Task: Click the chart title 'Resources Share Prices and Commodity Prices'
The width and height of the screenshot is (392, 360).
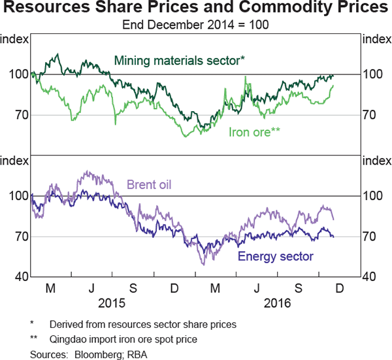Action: point(195,9)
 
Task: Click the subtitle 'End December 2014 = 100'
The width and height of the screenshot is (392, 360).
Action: point(195,25)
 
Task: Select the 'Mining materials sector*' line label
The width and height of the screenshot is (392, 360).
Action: point(180,61)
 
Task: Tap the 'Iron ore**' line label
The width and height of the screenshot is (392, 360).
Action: point(254,132)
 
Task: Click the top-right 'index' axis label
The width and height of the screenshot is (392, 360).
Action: point(376,39)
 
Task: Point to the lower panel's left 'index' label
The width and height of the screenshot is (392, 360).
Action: point(15,161)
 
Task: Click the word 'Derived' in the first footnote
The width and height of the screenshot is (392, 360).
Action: point(67,324)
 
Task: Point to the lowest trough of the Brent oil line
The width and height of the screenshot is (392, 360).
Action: point(203,264)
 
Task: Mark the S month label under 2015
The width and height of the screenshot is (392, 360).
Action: point(133,288)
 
